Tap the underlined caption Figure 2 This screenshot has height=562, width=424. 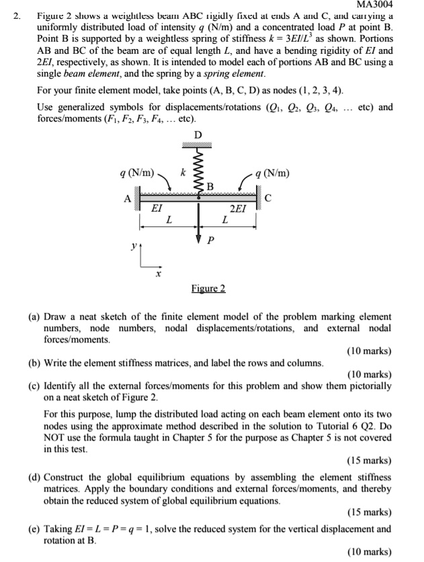coord(208,288)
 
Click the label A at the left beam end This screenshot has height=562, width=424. coord(127,198)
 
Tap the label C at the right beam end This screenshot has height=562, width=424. coord(268,198)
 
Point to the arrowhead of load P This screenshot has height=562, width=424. coord(198,239)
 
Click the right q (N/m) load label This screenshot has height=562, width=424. coord(272,173)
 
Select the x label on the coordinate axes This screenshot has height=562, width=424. coord(159,273)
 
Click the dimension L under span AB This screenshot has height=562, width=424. coord(169,220)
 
